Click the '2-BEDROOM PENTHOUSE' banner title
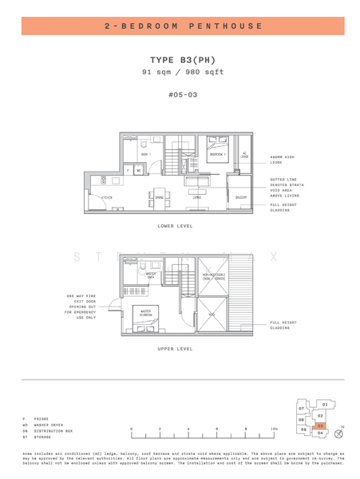point(183,26)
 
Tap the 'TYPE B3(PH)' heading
point(183,60)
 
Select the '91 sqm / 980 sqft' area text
point(183,72)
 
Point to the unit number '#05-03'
point(183,95)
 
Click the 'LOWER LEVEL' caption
point(177,226)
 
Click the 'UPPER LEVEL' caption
point(177,349)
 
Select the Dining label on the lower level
point(160,197)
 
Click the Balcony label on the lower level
point(240,197)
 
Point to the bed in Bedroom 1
point(216,144)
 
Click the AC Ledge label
point(244,156)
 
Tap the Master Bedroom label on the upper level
point(146,312)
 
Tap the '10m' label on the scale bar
point(274,429)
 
